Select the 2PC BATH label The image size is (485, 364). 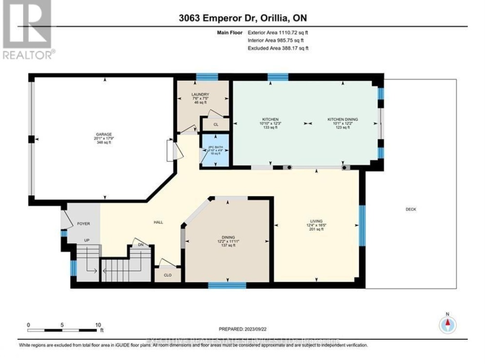[214, 147]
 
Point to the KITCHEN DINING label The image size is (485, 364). [342, 119]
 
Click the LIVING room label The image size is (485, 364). [316, 221]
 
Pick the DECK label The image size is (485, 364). [410, 209]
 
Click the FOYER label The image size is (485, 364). [84, 223]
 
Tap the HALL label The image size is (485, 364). [158, 222]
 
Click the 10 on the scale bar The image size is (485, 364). [98, 324]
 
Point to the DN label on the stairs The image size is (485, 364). [141, 245]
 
